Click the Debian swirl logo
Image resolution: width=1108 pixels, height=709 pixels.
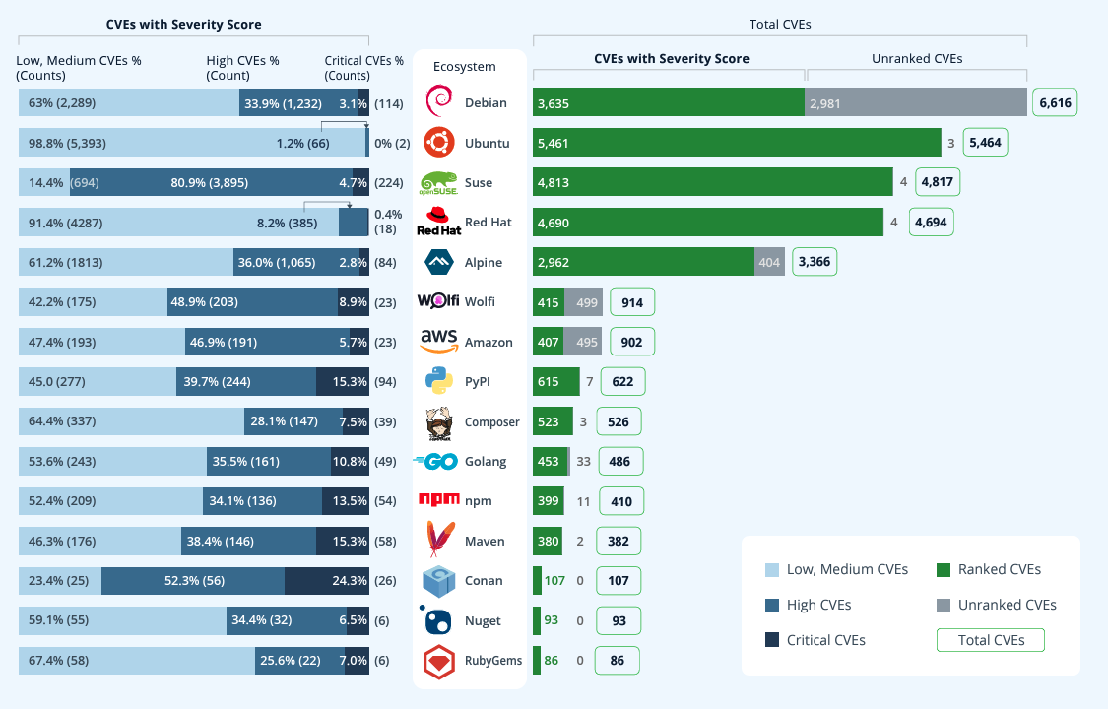click(438, 102)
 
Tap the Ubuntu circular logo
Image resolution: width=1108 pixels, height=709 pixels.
click(439, 143)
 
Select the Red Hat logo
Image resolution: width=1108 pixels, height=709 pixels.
click(438, 222)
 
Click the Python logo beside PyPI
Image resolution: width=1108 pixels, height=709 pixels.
click(439, 381)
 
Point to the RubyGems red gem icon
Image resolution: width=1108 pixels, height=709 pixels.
click(439, 660)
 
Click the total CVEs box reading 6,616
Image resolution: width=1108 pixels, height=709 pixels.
click(1053, 102)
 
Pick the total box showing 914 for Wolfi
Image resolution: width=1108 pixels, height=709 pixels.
click(632, 302)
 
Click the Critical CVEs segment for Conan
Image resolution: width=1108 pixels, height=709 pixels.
click(326, 580)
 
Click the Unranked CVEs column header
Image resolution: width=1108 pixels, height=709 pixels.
click(917, 59)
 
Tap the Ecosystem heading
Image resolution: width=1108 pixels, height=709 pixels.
click(465, 67)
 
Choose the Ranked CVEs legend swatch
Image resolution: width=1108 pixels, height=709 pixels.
click(944, 569)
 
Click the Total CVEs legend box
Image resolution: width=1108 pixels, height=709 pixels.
click(990, 640)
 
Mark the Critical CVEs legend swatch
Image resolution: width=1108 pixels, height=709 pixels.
click(772, 640)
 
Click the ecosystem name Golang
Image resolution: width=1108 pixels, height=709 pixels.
click(486, 461)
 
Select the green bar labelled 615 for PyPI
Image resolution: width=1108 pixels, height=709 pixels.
click(555, 381)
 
